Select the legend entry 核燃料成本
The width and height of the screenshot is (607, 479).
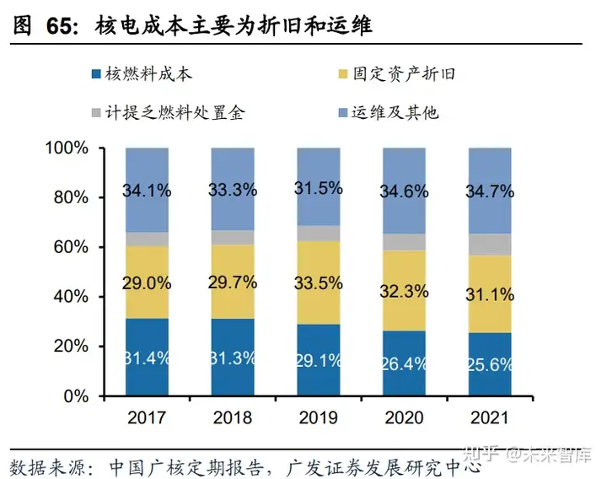(x=148, y=74)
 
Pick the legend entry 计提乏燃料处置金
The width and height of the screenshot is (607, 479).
(x=177, y=111)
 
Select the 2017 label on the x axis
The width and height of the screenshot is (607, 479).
(x=147, y=417)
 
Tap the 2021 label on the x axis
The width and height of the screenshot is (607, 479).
(x=489, y=417)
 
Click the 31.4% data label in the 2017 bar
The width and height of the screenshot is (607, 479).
(x=147, y=358)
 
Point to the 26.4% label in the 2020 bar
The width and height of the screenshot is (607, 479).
(x=404, y=363)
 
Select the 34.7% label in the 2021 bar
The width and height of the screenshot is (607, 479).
(x=489, y=191)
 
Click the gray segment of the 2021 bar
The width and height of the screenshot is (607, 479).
(x=489, y=245)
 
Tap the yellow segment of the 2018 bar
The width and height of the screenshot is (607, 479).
(x=233, y=295)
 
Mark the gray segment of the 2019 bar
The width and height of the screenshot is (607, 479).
(x=319, y=234)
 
